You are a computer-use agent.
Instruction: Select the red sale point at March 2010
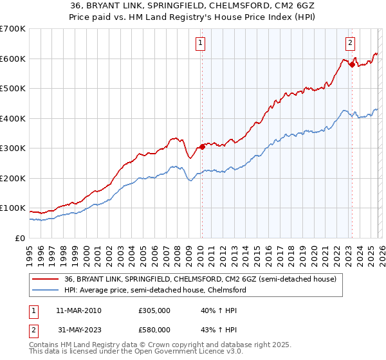[x=202, y=147]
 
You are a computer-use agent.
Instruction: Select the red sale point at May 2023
[x=352, y=64]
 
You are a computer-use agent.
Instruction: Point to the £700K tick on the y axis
[x=13, y=29]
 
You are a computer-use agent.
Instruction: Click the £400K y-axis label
[x=13, y=118]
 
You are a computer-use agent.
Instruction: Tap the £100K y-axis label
[x=13, y=208]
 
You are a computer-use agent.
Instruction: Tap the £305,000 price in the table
[x=154, y=310]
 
